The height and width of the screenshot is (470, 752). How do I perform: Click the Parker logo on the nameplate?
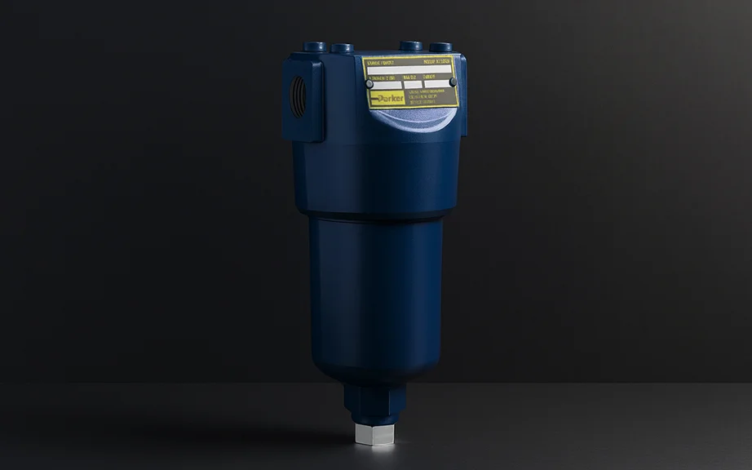(386, 97)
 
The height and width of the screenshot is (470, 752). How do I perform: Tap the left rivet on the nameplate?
(369, 83)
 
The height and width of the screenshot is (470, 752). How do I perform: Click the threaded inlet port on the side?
(299, 96)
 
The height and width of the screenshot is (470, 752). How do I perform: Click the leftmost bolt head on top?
(314, 47)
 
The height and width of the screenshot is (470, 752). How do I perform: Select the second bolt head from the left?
(343, 48)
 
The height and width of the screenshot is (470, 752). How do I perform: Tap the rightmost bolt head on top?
(440, 47)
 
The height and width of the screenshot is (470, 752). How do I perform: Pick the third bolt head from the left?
(412, 47)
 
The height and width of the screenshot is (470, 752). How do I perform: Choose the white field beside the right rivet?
(436, 83)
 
